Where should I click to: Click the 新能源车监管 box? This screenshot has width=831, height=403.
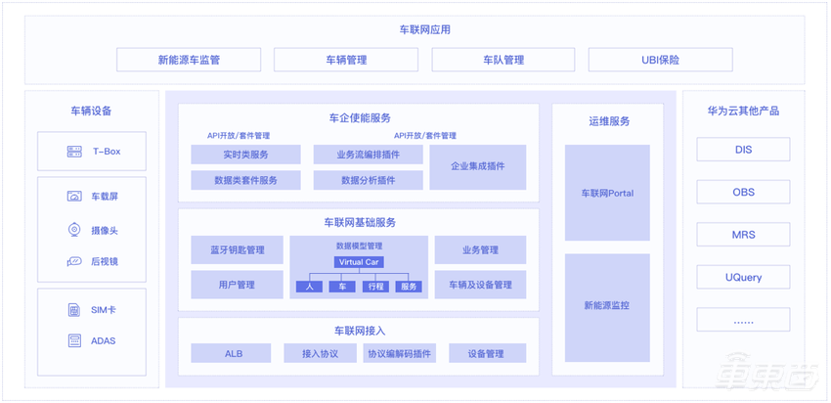tap(189, 60)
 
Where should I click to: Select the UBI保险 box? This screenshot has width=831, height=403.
tap(660, 60)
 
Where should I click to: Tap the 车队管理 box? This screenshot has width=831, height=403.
tap(503, 60)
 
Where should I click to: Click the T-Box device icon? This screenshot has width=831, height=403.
tap(74, 152)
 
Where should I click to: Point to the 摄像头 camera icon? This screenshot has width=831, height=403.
tap(73, 231)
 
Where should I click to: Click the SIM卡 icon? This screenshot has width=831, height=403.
tap(74, 310)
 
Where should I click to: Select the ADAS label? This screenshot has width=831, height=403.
tap(104, 340)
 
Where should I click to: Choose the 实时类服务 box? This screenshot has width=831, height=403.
tap(245, 155)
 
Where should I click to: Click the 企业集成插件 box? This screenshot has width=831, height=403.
tap(477, 167)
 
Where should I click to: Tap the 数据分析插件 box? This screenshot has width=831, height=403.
tap(368, 180)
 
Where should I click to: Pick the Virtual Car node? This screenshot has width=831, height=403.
tap(358, 262)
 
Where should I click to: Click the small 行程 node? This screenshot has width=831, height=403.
tap(375, 287)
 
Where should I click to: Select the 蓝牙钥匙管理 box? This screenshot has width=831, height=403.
tap(237, 250)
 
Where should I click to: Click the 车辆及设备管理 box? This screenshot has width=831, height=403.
tap(480, 285)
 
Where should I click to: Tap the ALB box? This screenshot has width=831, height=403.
tap(234, 353)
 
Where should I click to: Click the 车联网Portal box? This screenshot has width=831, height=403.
tap(607, 193)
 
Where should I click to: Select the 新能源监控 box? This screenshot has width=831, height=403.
tap(607, 306)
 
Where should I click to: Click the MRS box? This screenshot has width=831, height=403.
tap(744, 235)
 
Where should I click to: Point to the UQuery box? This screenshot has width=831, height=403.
tap(744, 277)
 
